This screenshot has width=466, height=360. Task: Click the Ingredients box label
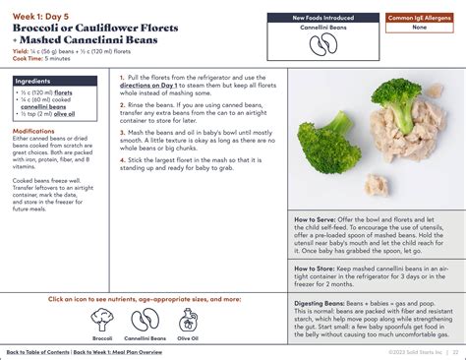point(35,82)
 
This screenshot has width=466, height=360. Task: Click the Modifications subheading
point(34,130)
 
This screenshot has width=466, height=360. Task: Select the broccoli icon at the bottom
point(99,321)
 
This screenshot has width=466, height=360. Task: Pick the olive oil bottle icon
point(188,321)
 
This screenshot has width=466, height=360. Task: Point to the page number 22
point(455,351)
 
